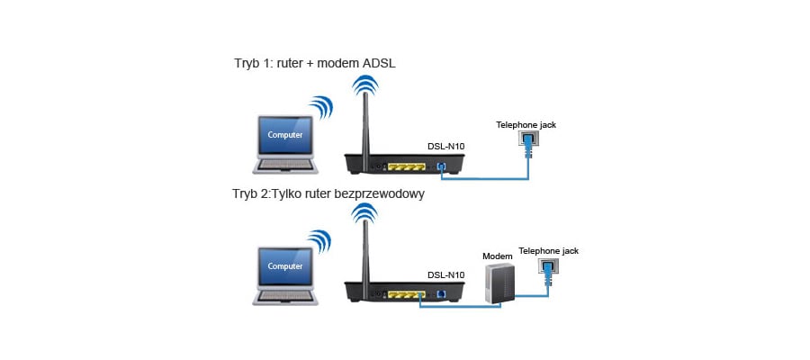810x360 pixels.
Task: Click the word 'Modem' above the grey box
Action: click(x=497, y=256)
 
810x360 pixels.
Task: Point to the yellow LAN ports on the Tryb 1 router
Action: click(x=408, y=167)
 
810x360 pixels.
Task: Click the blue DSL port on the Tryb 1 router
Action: click(x=440, y=167)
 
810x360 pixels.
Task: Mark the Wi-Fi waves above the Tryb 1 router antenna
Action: click(x=364, y=86)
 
